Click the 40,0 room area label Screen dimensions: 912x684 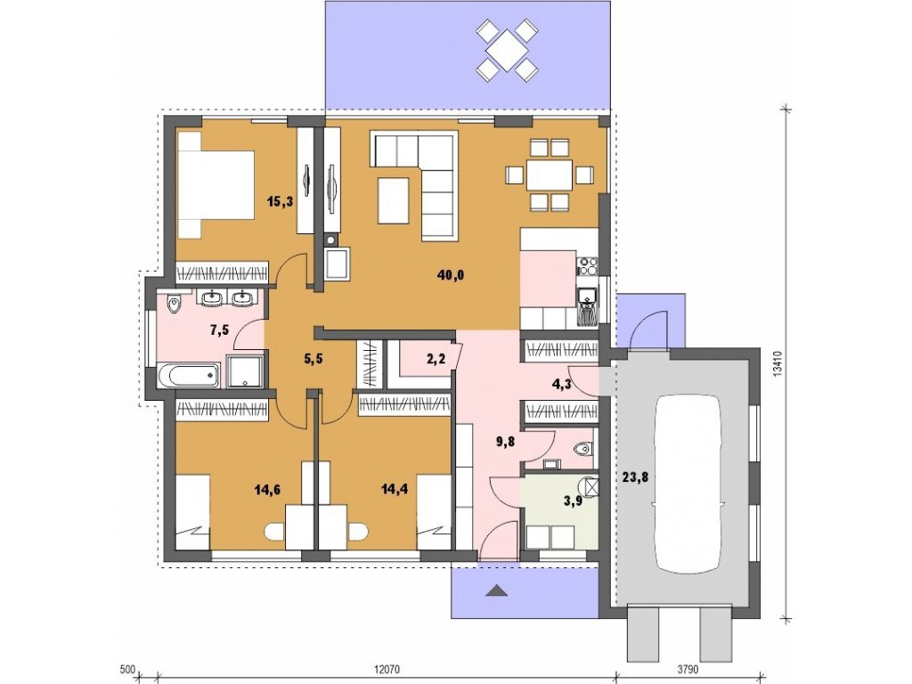click(450, 275)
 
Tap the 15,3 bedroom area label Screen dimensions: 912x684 click(280, 202)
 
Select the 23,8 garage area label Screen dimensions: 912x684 click(634, 477)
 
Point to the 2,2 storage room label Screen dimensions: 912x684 click(436, 360)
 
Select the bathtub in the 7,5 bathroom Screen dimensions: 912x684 click(187, 375)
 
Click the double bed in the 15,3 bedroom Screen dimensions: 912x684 click(216, 185)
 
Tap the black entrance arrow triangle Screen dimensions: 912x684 click(497, 591)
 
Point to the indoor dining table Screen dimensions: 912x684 click(550, 175)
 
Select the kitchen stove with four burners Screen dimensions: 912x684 click(588, 266)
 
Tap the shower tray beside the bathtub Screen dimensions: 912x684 click(244, 370)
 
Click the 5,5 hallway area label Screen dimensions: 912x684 click(313, 359)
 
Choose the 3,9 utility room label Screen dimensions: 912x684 click(573, 501)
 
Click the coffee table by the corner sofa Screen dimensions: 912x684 click(393, 201)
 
